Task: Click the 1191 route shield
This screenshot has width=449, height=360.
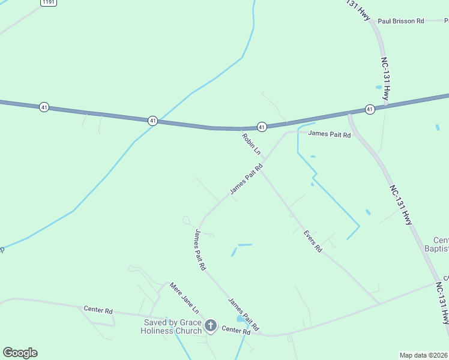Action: tap(49, 3)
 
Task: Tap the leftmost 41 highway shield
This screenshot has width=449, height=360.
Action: tap(44, 107)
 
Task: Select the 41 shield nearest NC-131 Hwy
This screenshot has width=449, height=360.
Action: tap(369, 109)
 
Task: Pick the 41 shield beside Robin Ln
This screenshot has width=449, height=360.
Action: tap(262, 127)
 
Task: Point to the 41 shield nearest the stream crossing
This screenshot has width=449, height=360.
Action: tap(153, 121)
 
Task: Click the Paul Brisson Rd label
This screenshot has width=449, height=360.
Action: tap(401, 21)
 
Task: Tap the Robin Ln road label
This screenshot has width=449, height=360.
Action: tap(251, 143)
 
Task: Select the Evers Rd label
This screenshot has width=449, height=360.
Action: tap(313, 241)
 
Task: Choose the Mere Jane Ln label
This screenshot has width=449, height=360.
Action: tap(184, 298)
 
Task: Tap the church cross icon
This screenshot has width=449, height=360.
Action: tap(211, 326)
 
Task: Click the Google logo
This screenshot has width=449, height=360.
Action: tap(20, 353)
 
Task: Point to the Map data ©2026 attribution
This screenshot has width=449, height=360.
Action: tap(423, 355)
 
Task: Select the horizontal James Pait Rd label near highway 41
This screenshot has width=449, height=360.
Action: tap(330, 135)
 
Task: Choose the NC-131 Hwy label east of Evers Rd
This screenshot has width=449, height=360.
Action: tap(401, 205)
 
